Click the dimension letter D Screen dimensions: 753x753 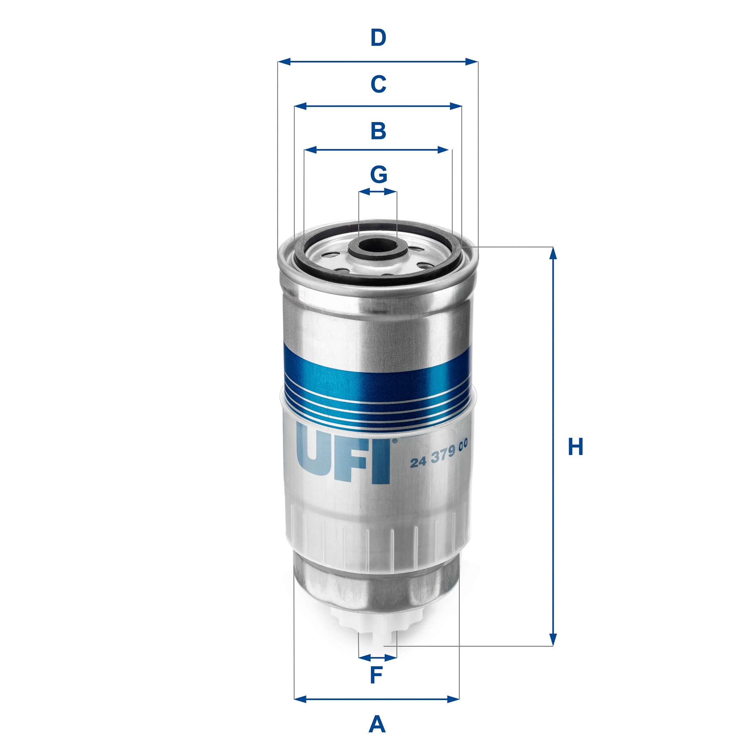[x=378, y=38]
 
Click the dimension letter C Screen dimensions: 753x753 [x=378, y=84]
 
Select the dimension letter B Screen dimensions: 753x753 [x=378, y=131]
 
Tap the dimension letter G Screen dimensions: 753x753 [x=378, y=175]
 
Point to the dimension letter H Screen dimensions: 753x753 [x=575, y=447]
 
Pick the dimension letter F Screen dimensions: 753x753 [x=376, y=675]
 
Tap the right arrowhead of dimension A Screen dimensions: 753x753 [x=453, y=698]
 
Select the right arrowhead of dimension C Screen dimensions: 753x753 [x=456, y=106]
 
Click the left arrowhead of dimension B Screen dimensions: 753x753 [x=310, y=149]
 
